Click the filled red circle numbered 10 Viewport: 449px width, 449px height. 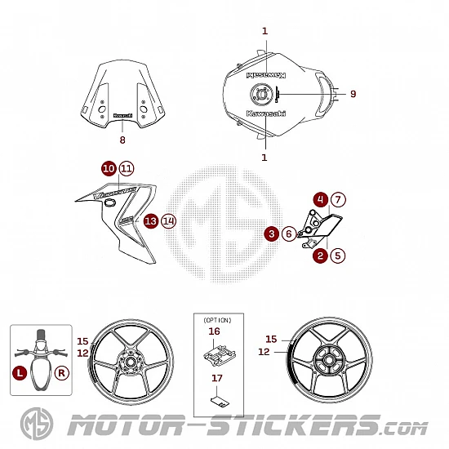coord(109,168)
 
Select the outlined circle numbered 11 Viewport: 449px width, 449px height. coord(127,168)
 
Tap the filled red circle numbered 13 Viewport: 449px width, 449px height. coord(151,221)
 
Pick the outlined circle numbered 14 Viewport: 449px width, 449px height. coord(168,221)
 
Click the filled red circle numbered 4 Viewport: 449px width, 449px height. coord(321,199)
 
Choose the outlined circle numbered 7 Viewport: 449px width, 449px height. coord(338,199)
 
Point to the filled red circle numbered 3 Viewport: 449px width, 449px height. coord(272,233)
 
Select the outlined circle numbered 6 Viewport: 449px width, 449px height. coord(289,233)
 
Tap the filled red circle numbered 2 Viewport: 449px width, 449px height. coord(321,256)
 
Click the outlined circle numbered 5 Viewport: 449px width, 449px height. coord(338,256)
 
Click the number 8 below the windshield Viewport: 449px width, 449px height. coord(122,140)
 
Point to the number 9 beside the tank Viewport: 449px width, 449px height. coord(353,94)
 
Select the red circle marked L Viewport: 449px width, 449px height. coord(20,373)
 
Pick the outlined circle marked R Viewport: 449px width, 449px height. coord(61,373)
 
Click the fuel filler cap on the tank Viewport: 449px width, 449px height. coord(261,94)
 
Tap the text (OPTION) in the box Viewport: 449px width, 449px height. coord(217,320)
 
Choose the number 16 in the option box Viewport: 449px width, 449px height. coord(214,331)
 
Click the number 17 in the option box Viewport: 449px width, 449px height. coord(217,378)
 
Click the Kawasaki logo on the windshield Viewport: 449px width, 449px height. coord(122,116)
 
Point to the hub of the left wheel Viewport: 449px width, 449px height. coord(131,362)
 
